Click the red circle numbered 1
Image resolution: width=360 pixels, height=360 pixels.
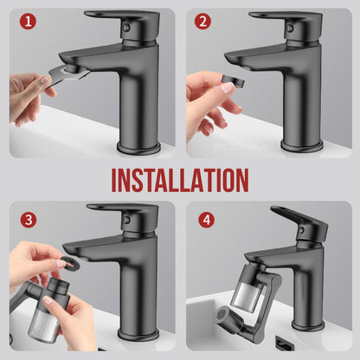click(x=28, y=22)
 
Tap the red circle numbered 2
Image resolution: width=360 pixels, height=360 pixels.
click(x=202, y=22)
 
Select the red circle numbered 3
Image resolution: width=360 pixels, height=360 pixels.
click(x=29, y=220)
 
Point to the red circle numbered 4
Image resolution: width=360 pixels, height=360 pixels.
click(x=207, y=220)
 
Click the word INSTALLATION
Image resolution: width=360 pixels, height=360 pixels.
click(x=180, y=181)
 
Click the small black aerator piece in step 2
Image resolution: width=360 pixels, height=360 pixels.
click(x=234, y=80)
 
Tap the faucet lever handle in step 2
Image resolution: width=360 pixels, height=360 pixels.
click(x=286, y=19)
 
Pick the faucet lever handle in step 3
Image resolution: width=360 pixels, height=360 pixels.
click(x=123, y=212)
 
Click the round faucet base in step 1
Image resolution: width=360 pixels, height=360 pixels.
click(x=138, y=148)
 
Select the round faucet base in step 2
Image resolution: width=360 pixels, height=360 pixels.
click(x=302, y=145)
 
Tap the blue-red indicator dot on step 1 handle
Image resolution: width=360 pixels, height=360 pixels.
click(x=125, y=28)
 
